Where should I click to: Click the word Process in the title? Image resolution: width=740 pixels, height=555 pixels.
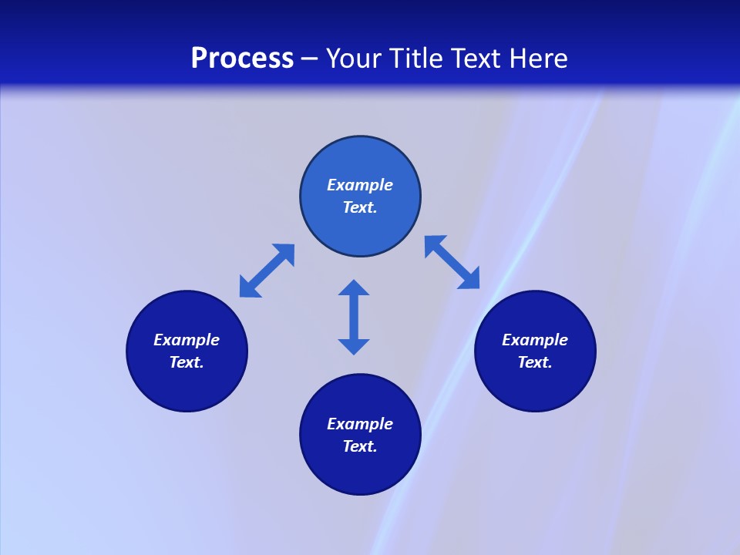coord(242,59)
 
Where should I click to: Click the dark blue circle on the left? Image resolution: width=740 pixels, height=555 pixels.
coord(187,385)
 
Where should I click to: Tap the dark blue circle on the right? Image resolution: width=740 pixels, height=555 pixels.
coord(535,385)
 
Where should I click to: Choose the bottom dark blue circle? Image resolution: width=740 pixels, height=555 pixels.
coord(360,470)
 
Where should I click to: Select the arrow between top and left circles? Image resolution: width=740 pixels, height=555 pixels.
coord(267,271)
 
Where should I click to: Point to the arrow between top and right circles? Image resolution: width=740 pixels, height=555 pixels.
coord(452,262)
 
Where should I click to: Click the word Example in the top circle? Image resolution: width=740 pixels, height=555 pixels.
coord(360,185)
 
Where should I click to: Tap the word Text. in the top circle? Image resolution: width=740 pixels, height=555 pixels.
coord(360,207)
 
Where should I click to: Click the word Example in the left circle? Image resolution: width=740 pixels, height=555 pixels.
coord(187,340)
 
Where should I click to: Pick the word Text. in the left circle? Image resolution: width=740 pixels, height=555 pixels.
coord(187,362)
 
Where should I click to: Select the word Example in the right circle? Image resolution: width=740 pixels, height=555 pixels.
coord(535,340)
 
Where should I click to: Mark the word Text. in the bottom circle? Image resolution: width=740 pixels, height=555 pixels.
coord(360,446)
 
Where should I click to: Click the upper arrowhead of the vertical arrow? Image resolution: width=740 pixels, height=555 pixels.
coord(354,288)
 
